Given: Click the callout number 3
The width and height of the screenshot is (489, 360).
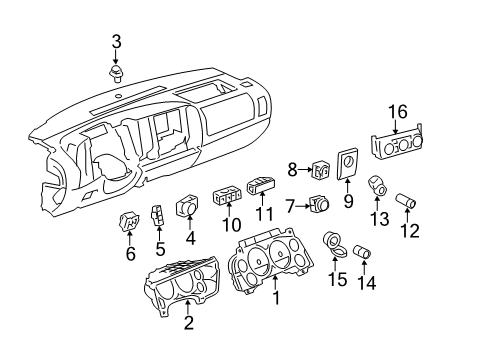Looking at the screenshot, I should [x=117, y=41].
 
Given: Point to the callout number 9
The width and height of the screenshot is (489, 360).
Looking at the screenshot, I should [x=348, y=201].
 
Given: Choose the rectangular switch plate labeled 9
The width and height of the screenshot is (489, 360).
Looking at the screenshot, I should [x=350, y=164].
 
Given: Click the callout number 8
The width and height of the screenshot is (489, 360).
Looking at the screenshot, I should [x=293, y=170].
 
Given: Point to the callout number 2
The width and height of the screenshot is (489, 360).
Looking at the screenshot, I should [x=188, y=322].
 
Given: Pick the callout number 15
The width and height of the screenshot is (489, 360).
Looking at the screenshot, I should [x=339, y=280].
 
